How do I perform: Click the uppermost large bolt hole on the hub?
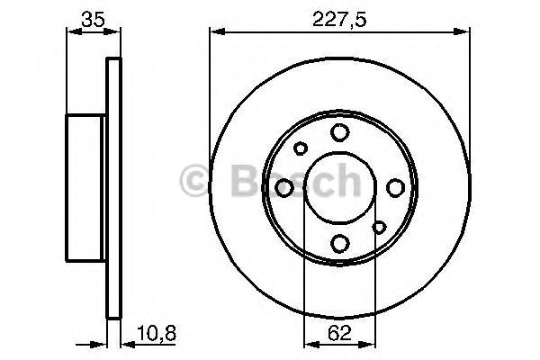[x=339, y=132]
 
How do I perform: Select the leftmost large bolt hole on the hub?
[x=284, y=187]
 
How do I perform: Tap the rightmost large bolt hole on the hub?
[x=395, y=187]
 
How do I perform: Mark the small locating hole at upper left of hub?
[x=301, y=148]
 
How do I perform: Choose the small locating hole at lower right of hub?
[x=379, y=227]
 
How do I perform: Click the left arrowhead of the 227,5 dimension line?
[x=214, y=32]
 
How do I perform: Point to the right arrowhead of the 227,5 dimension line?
[x=465, y=32]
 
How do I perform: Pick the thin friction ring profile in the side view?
[x=113, y=187]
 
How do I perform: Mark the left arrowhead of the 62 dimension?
[x=308, y=343]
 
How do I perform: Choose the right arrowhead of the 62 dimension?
[x=370, y=343]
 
